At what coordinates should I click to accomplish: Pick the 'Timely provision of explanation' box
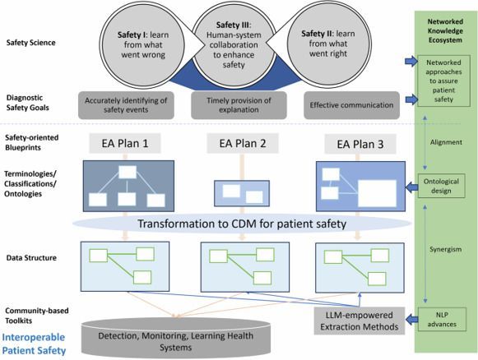coord(239,104)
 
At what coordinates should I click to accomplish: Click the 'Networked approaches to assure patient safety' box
coord(444,80)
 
